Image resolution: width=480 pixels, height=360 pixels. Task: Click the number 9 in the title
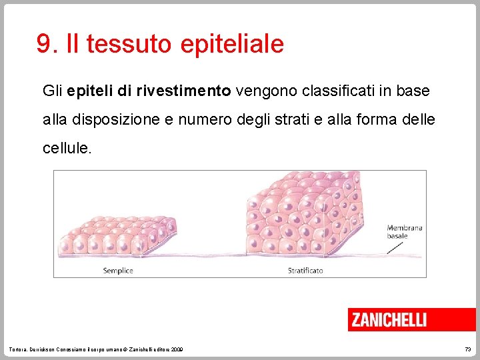44,45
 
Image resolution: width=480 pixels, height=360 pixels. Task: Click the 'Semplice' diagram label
118,270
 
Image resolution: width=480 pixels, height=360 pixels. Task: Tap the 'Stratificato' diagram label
305,270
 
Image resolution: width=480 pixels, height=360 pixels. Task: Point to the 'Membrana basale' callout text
405,232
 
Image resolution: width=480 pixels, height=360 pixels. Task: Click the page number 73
467,350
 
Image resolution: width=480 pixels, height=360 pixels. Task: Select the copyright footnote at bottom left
97,350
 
